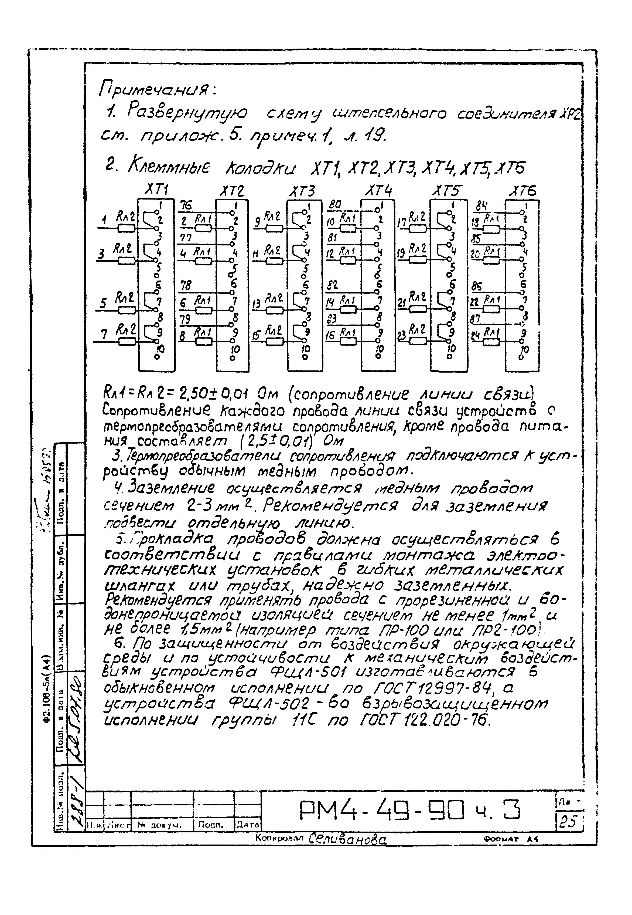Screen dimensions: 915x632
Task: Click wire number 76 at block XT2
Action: click(x=186, y=205)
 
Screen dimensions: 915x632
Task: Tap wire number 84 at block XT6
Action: click(x=481, y=206)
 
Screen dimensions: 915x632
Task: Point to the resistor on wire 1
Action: click(x=127, y=228)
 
